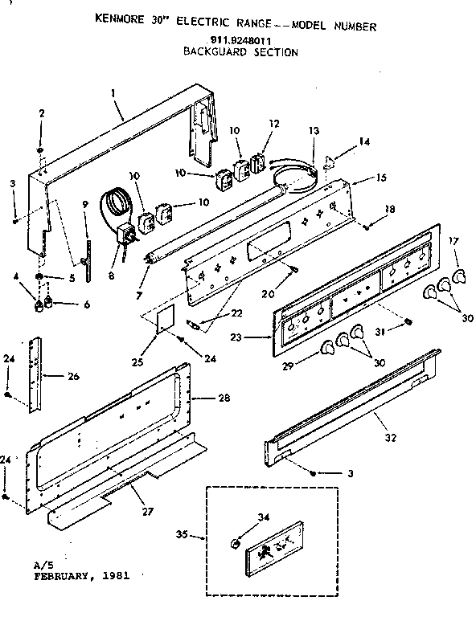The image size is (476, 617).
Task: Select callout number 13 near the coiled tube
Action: point(313,130)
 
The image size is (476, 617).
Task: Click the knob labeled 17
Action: point(458,277)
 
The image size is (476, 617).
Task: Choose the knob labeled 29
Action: point(327,347)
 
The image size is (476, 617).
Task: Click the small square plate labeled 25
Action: point(163,317)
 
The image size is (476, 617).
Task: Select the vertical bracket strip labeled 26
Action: point(36,374)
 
